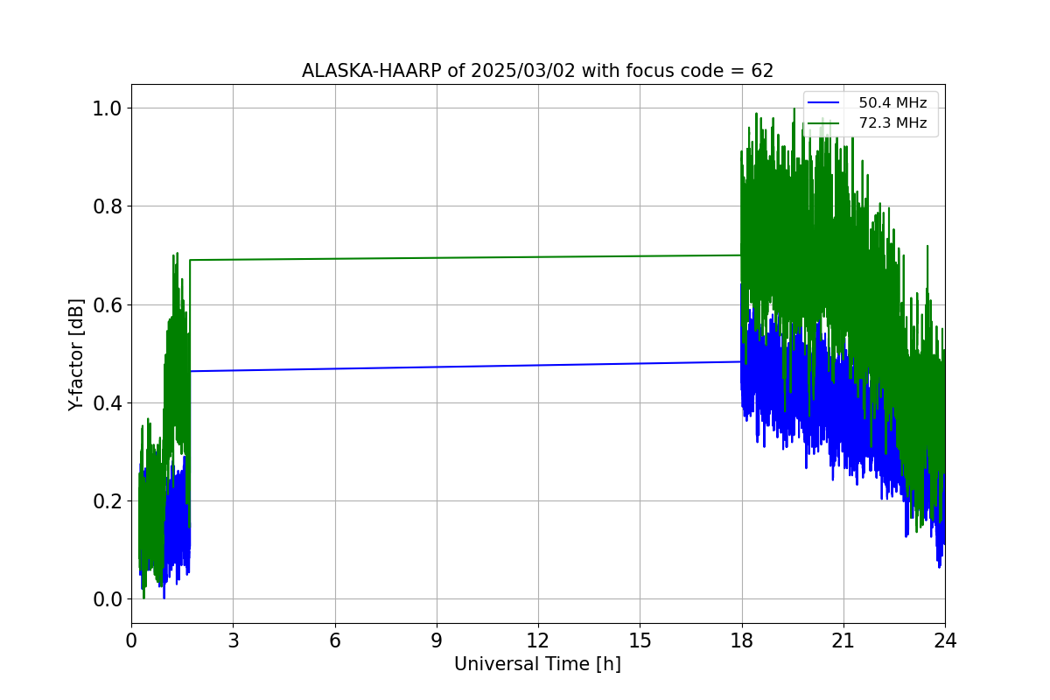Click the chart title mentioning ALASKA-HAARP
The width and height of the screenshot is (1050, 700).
(x=537, y=71)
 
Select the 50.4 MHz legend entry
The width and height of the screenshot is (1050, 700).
(x=892, y=103)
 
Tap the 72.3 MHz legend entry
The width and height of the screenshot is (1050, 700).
(x=892, y=123)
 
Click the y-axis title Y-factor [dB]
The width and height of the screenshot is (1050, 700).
(x=77, y=354)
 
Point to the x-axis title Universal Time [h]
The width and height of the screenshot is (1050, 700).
(x=537, y=665)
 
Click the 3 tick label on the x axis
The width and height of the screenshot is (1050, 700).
(x=233, y=640)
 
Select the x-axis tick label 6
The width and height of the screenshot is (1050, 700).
(x=334, y=640)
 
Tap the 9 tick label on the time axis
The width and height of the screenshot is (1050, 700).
(x=437, y=640)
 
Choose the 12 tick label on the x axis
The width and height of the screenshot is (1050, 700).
(x=538, y=640)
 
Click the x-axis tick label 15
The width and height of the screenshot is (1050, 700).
(x=640, y=640)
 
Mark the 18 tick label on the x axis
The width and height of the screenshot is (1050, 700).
(x=742, y=640)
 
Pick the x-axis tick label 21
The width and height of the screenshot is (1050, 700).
(x=843, y=640)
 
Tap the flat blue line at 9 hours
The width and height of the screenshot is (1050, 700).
(x=437, y=367)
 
